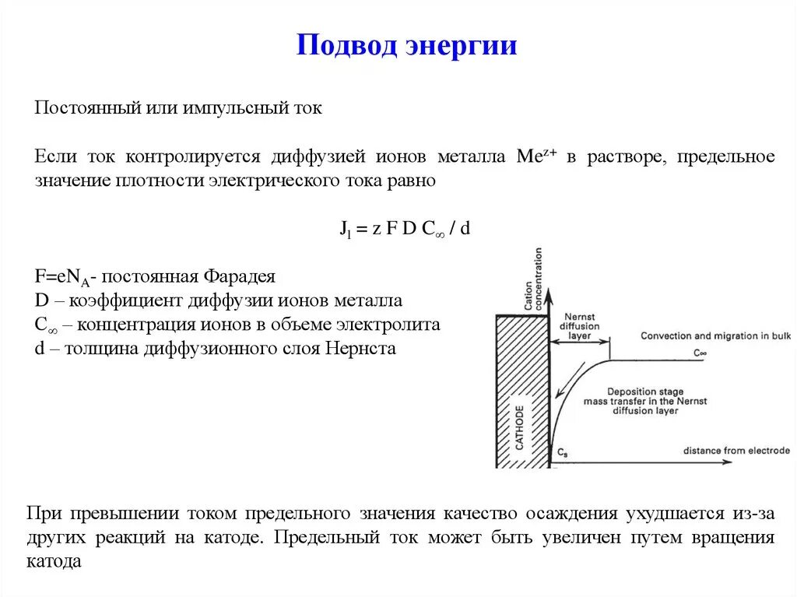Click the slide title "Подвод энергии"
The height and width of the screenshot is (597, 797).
(406, 44)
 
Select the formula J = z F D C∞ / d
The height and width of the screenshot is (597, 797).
(406, 229)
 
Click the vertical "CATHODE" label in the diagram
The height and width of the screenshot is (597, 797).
(520, 427)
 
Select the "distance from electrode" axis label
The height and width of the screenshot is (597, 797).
(736, 451)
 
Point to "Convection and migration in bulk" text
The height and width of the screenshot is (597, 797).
(714, 336)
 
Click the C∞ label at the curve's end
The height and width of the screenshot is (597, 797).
(700, 353)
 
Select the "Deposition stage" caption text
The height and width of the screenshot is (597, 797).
(645, 391)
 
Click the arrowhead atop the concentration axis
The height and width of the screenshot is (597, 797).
(549, 294)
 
